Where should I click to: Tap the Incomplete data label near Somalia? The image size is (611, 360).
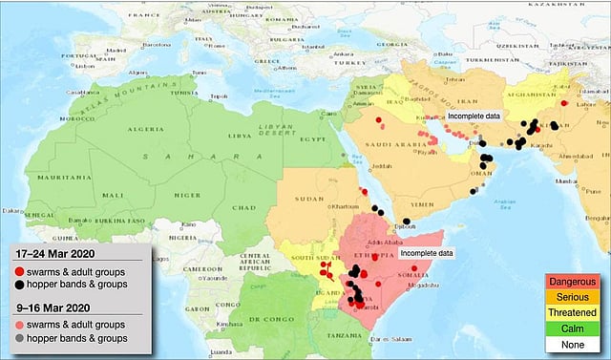click(x=426, y=252)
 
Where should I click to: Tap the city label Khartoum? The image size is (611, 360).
click(x=341, y=206)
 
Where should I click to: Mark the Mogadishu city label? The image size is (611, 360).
click(x=425, y=284)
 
